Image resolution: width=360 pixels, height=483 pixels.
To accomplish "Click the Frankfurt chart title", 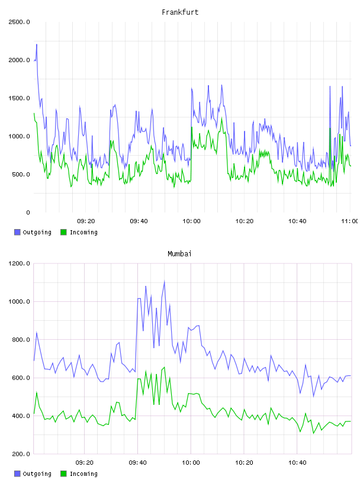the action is tap(180, 12).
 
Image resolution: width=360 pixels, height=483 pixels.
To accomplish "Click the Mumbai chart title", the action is tap(179, 254).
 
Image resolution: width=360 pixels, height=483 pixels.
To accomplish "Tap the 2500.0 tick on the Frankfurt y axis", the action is tap(19, 22).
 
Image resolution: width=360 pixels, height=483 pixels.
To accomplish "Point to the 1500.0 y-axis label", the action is tap(19, 98).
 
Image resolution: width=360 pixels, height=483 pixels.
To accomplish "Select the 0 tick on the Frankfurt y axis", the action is tap(28, 212).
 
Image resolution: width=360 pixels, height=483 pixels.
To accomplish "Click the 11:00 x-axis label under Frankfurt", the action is tap(350, 221).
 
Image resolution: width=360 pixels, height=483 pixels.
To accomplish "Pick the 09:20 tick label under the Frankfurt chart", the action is tap(86, 221).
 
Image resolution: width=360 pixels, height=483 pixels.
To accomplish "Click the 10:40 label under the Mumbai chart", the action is tap(297, 463).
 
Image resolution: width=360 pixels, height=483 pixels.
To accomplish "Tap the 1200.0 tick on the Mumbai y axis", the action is tap(19, 263).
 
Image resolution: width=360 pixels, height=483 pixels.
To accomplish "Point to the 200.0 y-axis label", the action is tap(21, 454).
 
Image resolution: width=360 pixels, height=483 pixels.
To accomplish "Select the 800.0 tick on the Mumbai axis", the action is tap(21, 340).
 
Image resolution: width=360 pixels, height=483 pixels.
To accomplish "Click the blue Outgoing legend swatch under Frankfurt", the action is tap(17, 232).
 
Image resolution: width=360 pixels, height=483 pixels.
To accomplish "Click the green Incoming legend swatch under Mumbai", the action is tap(63, 474).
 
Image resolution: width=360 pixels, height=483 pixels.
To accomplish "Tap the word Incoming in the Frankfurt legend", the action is tap(83, 233).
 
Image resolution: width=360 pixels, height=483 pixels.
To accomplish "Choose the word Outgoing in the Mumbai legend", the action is tap(37, 474).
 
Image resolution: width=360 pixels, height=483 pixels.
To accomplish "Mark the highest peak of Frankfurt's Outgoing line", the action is tap(37, 44).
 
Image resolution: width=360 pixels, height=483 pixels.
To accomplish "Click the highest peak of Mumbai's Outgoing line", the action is tap(164, 281).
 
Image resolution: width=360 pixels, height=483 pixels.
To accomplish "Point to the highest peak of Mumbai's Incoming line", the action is tap(164, 367).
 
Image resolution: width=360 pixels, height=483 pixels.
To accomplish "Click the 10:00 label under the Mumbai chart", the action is tap(191, 463).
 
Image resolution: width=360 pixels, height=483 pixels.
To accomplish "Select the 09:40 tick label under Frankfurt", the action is tap(139, 221).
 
